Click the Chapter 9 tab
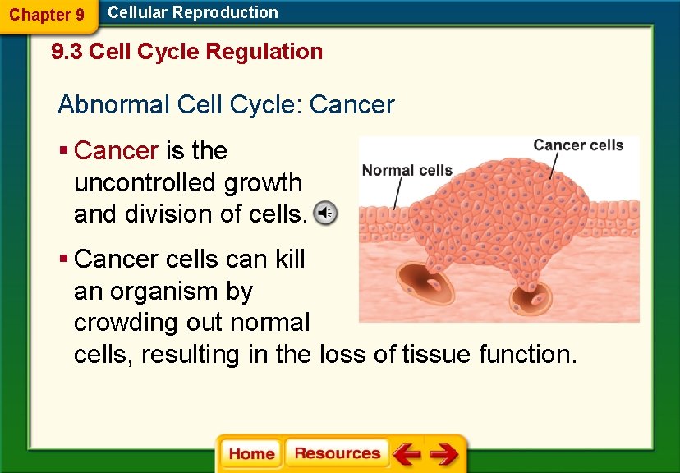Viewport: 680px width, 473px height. tap(46, 15)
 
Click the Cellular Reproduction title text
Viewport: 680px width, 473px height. tap(193, 12)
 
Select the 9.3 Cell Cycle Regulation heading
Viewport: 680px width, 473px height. tap(186, 52)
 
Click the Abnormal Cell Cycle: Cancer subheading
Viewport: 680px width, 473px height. tap(226, 105)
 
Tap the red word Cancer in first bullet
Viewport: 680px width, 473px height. tap(116, 151)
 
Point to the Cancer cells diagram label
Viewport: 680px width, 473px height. tap(578, 145)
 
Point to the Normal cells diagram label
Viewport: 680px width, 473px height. tap(407, 171)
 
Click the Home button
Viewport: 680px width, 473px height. tap(251, 454)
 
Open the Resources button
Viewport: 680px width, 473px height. tap(337, 453)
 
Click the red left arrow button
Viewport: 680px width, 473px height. tap(407, 454)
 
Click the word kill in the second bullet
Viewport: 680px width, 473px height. tap(290, 259)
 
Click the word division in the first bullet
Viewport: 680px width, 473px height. tap(166, 214)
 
